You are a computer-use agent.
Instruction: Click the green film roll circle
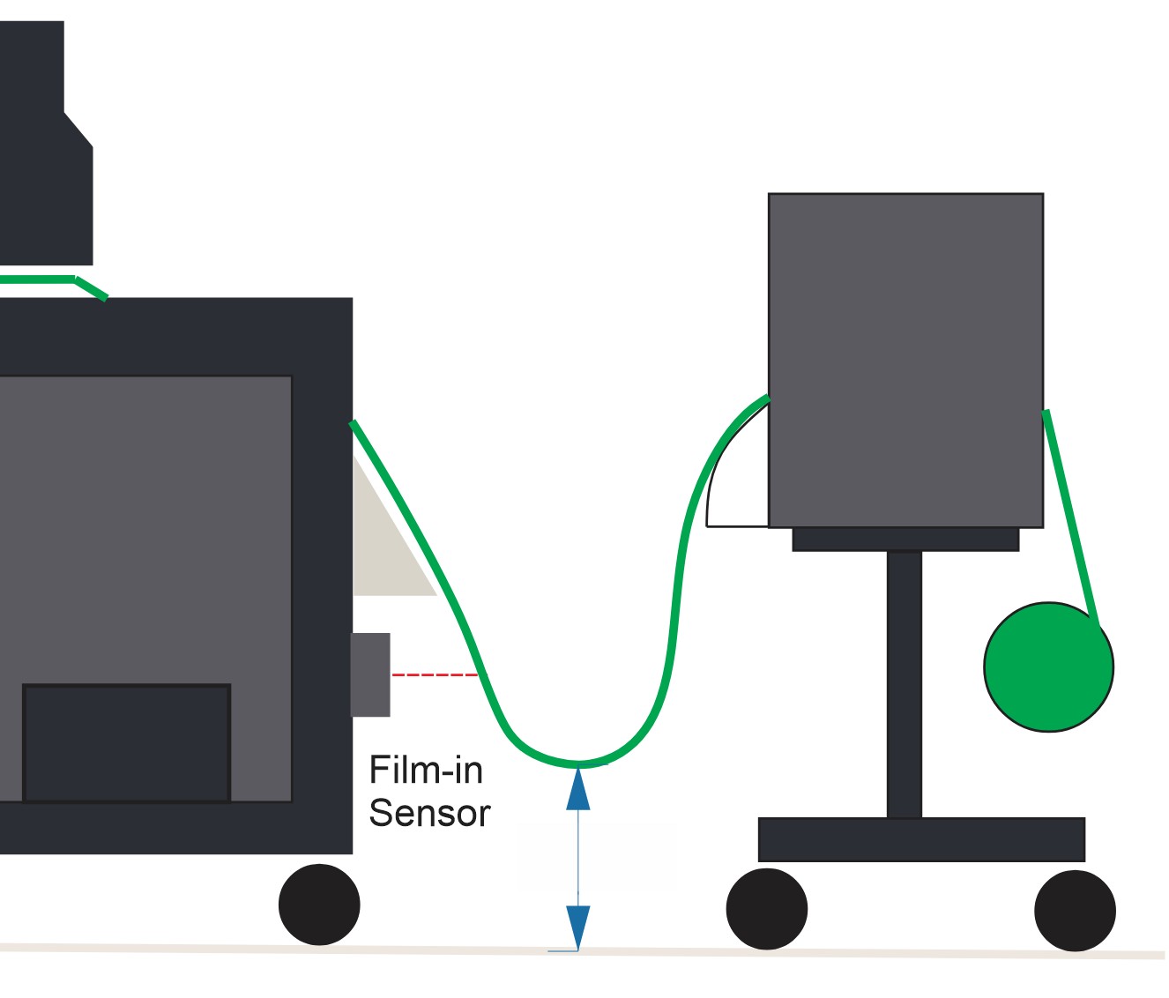coord(1048,667)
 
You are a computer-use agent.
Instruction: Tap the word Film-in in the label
coord(426,771)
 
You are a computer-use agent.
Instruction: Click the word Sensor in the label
coord(429,813)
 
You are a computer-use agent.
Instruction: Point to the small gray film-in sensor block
coord(371,674)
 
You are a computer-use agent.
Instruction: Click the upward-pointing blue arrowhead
coord(578,789)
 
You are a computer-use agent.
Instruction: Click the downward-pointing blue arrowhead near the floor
coord(578,927)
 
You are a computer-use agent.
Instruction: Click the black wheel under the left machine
coord(319,905)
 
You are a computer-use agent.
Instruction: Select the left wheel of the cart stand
coord(766,909)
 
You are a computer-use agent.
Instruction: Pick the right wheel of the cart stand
coord(1075,911)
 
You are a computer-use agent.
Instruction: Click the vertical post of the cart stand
coord(905,683)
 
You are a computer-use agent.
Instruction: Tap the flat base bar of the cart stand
coord(921,839)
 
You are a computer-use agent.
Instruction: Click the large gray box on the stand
coord(905,360)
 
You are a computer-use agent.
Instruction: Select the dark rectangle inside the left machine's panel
coord(127,742)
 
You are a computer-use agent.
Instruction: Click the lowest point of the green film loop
coord(578,761)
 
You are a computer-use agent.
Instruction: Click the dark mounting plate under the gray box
coord(905,540)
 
